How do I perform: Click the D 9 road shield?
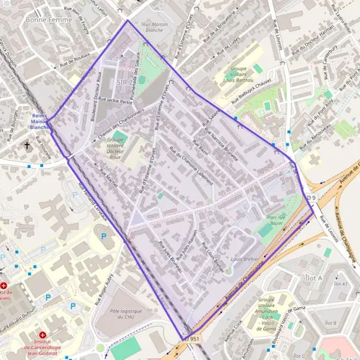[x=311, y=198]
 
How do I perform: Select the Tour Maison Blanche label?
[x=152, y=27]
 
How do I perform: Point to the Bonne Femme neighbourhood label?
[x=49, y=20]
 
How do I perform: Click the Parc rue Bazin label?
[x=275, y=220]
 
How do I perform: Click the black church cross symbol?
[x=27, y=145]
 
